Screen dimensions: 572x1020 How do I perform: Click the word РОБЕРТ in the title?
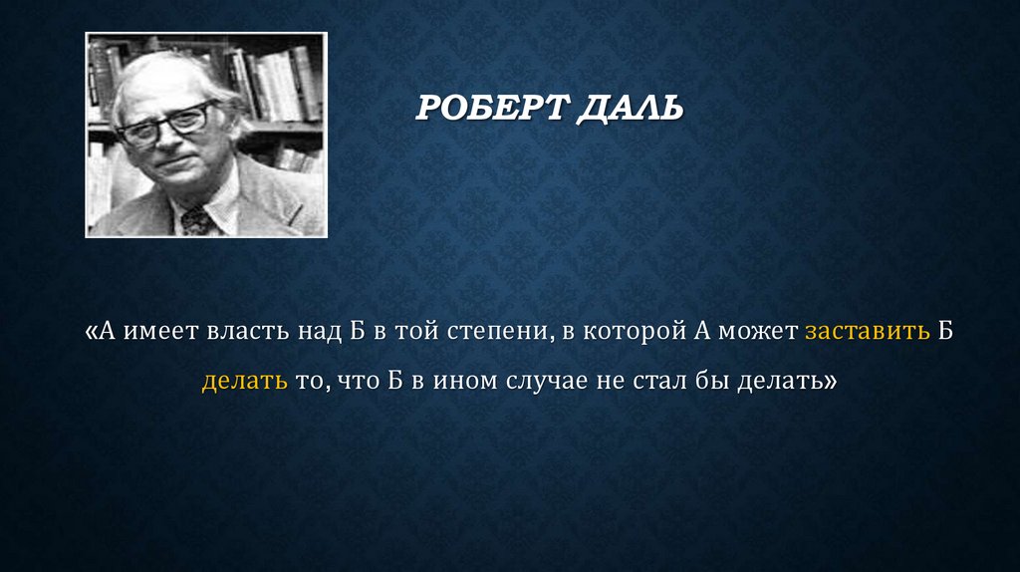[489, 106]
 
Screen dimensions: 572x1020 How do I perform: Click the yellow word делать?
[244, 380]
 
